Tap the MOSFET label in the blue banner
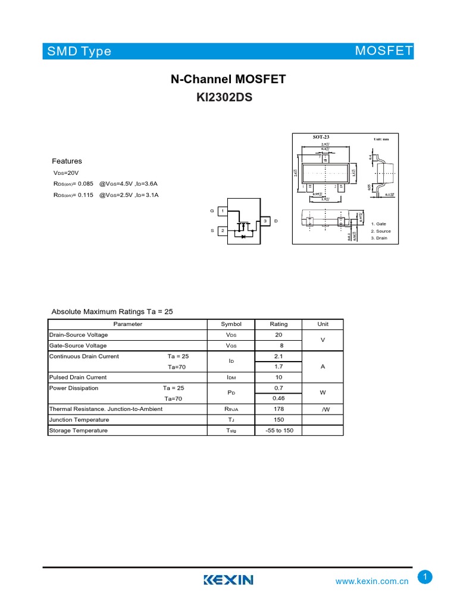pos(383,51)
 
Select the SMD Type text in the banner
pos(80,51)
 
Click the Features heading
pos(67,161)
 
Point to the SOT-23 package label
pos(321,137)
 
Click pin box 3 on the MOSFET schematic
pos(265,221)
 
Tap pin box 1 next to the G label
pos(222,211)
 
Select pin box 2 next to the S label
pos(222,230)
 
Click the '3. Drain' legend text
pos(379,238)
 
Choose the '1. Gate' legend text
pos(378,224)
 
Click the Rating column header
pos(278,324)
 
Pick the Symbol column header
pos(231,324)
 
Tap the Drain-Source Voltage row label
pos(79,335)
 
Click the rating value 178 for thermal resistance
pos(278,409)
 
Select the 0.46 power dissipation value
pos(278,398)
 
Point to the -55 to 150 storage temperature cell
pos(278,431)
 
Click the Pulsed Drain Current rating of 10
pos(278,377)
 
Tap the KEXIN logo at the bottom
pos(228,580)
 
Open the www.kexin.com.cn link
pos(373,581)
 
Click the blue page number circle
pos(425,576)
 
